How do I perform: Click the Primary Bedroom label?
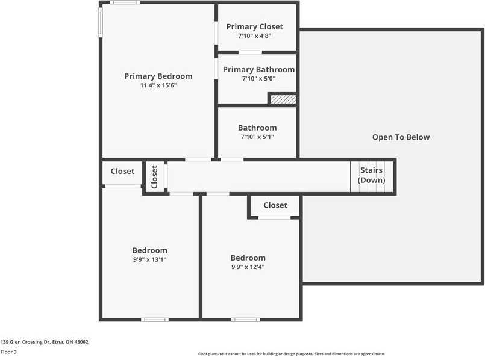(x=158, y=76)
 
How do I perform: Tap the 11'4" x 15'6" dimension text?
(x=158, y=85)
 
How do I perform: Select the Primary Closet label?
(x=254, y=26)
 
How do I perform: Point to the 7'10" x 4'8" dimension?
(x=254, y=36)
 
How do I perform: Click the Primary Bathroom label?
(x=258, y=70)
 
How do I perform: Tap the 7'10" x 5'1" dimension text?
(x=257, y=137)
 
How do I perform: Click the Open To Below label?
(x=401, y=137)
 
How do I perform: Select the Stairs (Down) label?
(x=371, y=175)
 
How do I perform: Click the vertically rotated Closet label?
(x=154, y=177)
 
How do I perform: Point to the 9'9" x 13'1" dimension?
(x=149, y=260)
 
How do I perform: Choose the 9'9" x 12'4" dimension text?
(x=248, y=267)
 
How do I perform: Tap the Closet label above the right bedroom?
(x=275, y=205)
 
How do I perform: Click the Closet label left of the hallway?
(x=122, y=172)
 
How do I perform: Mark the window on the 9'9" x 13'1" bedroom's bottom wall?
(x=155, y=319)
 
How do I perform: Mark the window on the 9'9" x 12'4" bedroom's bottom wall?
(x=246, y=319)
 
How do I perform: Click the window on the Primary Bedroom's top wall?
(x=125, y=2)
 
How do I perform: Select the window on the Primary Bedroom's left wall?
(x=101, y=22)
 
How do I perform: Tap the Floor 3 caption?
(x=8, y=352)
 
